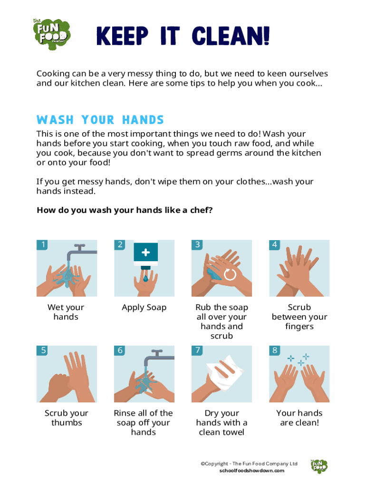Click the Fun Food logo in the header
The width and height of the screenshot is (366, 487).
click(x=52, y=34)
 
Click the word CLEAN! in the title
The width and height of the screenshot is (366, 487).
click(x=231, y=36)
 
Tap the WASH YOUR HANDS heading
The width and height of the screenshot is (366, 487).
click(x=100, y=120)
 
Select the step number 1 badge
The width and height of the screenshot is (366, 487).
click(x=42, y=245)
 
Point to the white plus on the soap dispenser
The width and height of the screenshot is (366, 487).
click(x=145, y=253)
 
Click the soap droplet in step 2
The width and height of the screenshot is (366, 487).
click(x=145, y=278)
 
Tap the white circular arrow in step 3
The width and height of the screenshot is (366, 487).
click(x=230, y=274)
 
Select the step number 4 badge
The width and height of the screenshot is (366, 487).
click(x=274, y=245)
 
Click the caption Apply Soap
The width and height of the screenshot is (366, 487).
click(x=144, y=308)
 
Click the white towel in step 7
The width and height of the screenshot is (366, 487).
click(x=225, y=373)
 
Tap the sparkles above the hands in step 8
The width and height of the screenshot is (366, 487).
click(x=299, y=360)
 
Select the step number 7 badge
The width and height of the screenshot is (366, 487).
click(x=197, y=351)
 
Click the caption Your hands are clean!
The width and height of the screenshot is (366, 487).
click(x=299, y=418)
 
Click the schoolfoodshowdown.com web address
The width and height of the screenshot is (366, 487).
click(x=252, y=470)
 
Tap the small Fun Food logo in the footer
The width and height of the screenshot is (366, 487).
click(x=319, y=466)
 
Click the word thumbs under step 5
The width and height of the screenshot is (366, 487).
click(x=67, y=423)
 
